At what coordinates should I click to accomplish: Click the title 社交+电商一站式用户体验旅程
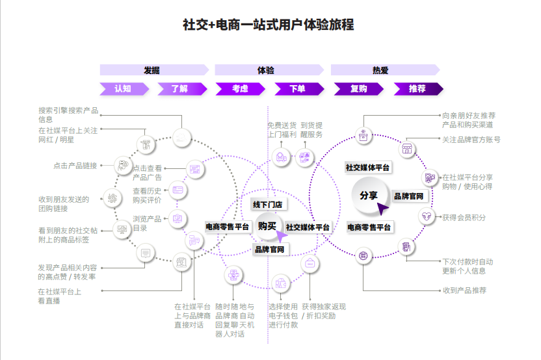[x=269, y=25]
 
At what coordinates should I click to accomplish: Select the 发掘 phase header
[x=152, y=70]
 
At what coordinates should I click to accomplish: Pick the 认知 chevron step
[x=122, y=89]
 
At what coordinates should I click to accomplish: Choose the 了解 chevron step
[x=179, y=89]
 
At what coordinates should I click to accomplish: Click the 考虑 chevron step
[x=240, y=89]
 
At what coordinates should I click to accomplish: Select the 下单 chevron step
[x=297, y=89]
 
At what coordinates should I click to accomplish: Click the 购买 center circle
[x=267, y=225]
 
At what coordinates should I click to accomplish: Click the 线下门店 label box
[x=268, y=205]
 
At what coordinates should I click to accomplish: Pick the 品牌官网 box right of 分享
[x=408, y=196]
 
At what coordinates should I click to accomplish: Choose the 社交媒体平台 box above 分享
[x=368, y=167]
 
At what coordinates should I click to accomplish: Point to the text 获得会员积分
[x=463, y=217]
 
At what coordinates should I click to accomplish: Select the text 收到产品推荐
[x=464, y=290]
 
